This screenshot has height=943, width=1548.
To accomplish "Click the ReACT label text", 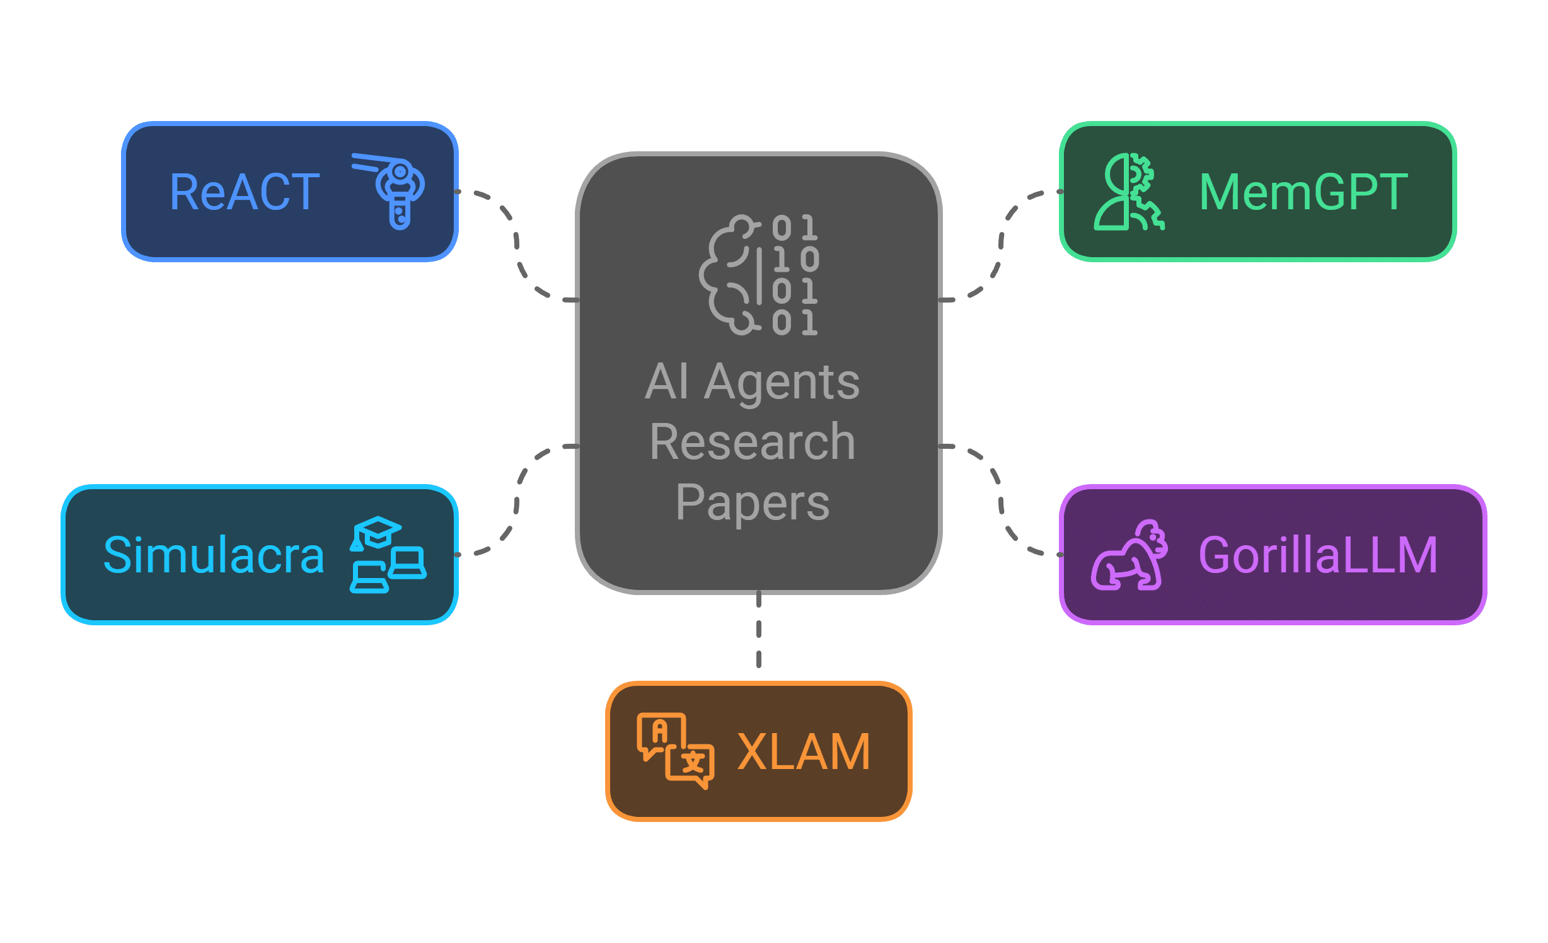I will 245,192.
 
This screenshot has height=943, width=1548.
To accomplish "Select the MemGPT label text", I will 1303,192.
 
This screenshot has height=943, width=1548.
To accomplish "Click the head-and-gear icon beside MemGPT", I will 1128,192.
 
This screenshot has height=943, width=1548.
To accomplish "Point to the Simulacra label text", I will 214,555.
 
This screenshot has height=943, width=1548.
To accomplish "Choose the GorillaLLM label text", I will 1318,555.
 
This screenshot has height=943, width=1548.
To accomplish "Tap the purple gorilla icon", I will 1129,555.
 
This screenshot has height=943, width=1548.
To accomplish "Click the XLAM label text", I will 804,751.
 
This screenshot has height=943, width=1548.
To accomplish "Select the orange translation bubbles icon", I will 675,750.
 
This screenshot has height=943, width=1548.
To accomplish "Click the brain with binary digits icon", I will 759,275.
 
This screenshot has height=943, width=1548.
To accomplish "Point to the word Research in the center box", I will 752,442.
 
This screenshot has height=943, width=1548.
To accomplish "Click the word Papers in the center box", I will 752,502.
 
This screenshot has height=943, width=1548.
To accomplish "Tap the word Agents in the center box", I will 782,383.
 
